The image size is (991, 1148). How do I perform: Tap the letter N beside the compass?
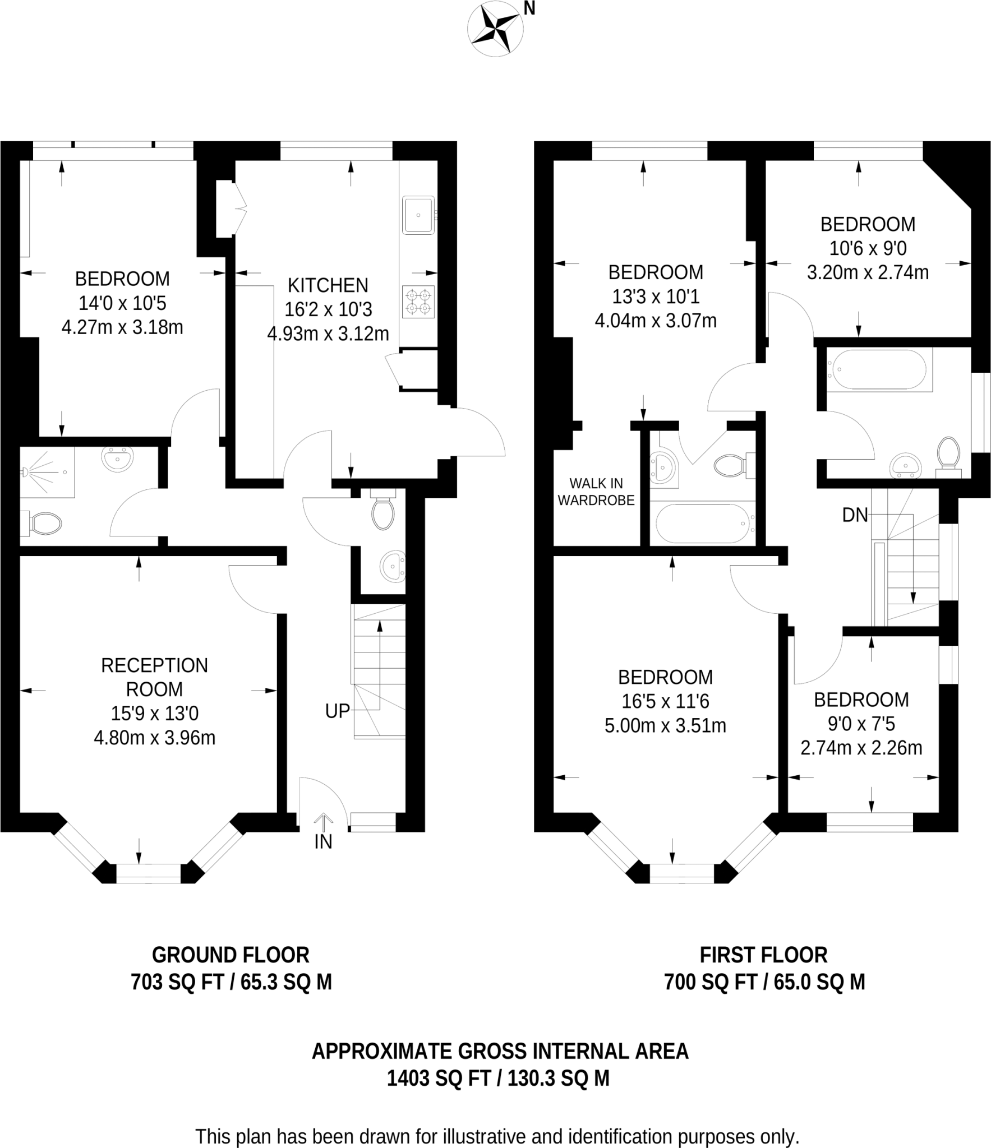pyautogui.click(x=529, y=8)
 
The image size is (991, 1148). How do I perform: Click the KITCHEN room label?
pyautogui.click(x=328, y=285)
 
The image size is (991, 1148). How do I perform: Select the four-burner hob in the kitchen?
pyautogui.click(x=418, y=302)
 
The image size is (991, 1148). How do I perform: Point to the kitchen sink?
pyautogui.click(x=418, y=215)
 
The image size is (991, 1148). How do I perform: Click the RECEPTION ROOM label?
pyautogui.click(x=154, y=677)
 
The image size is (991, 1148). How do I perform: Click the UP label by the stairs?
pyautogui.click(x=338, y=711)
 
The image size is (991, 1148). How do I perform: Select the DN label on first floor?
pyautogui.click(x=855, y=515)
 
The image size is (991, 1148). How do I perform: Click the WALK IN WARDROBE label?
pyautogui.click(x=596, y=492)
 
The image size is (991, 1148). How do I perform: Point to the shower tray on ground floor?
pyautogui.click(x=47, y=472)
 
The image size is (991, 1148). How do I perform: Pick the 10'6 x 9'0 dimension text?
pyautogui.click(x=868, y=248)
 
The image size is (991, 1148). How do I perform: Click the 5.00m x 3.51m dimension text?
pyautogui.click(x=665, y=726)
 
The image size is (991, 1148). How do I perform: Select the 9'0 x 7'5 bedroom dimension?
pyautogui.click(x=861, y=724)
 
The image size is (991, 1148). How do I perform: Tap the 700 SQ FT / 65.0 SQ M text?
pyautogui.click(x=764, y=982)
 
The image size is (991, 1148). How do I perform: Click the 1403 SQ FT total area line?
pyautogui.click(x=498, y=1078)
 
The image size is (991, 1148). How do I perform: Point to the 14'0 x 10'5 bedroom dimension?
pyautogui.click(x=122, y=303)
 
